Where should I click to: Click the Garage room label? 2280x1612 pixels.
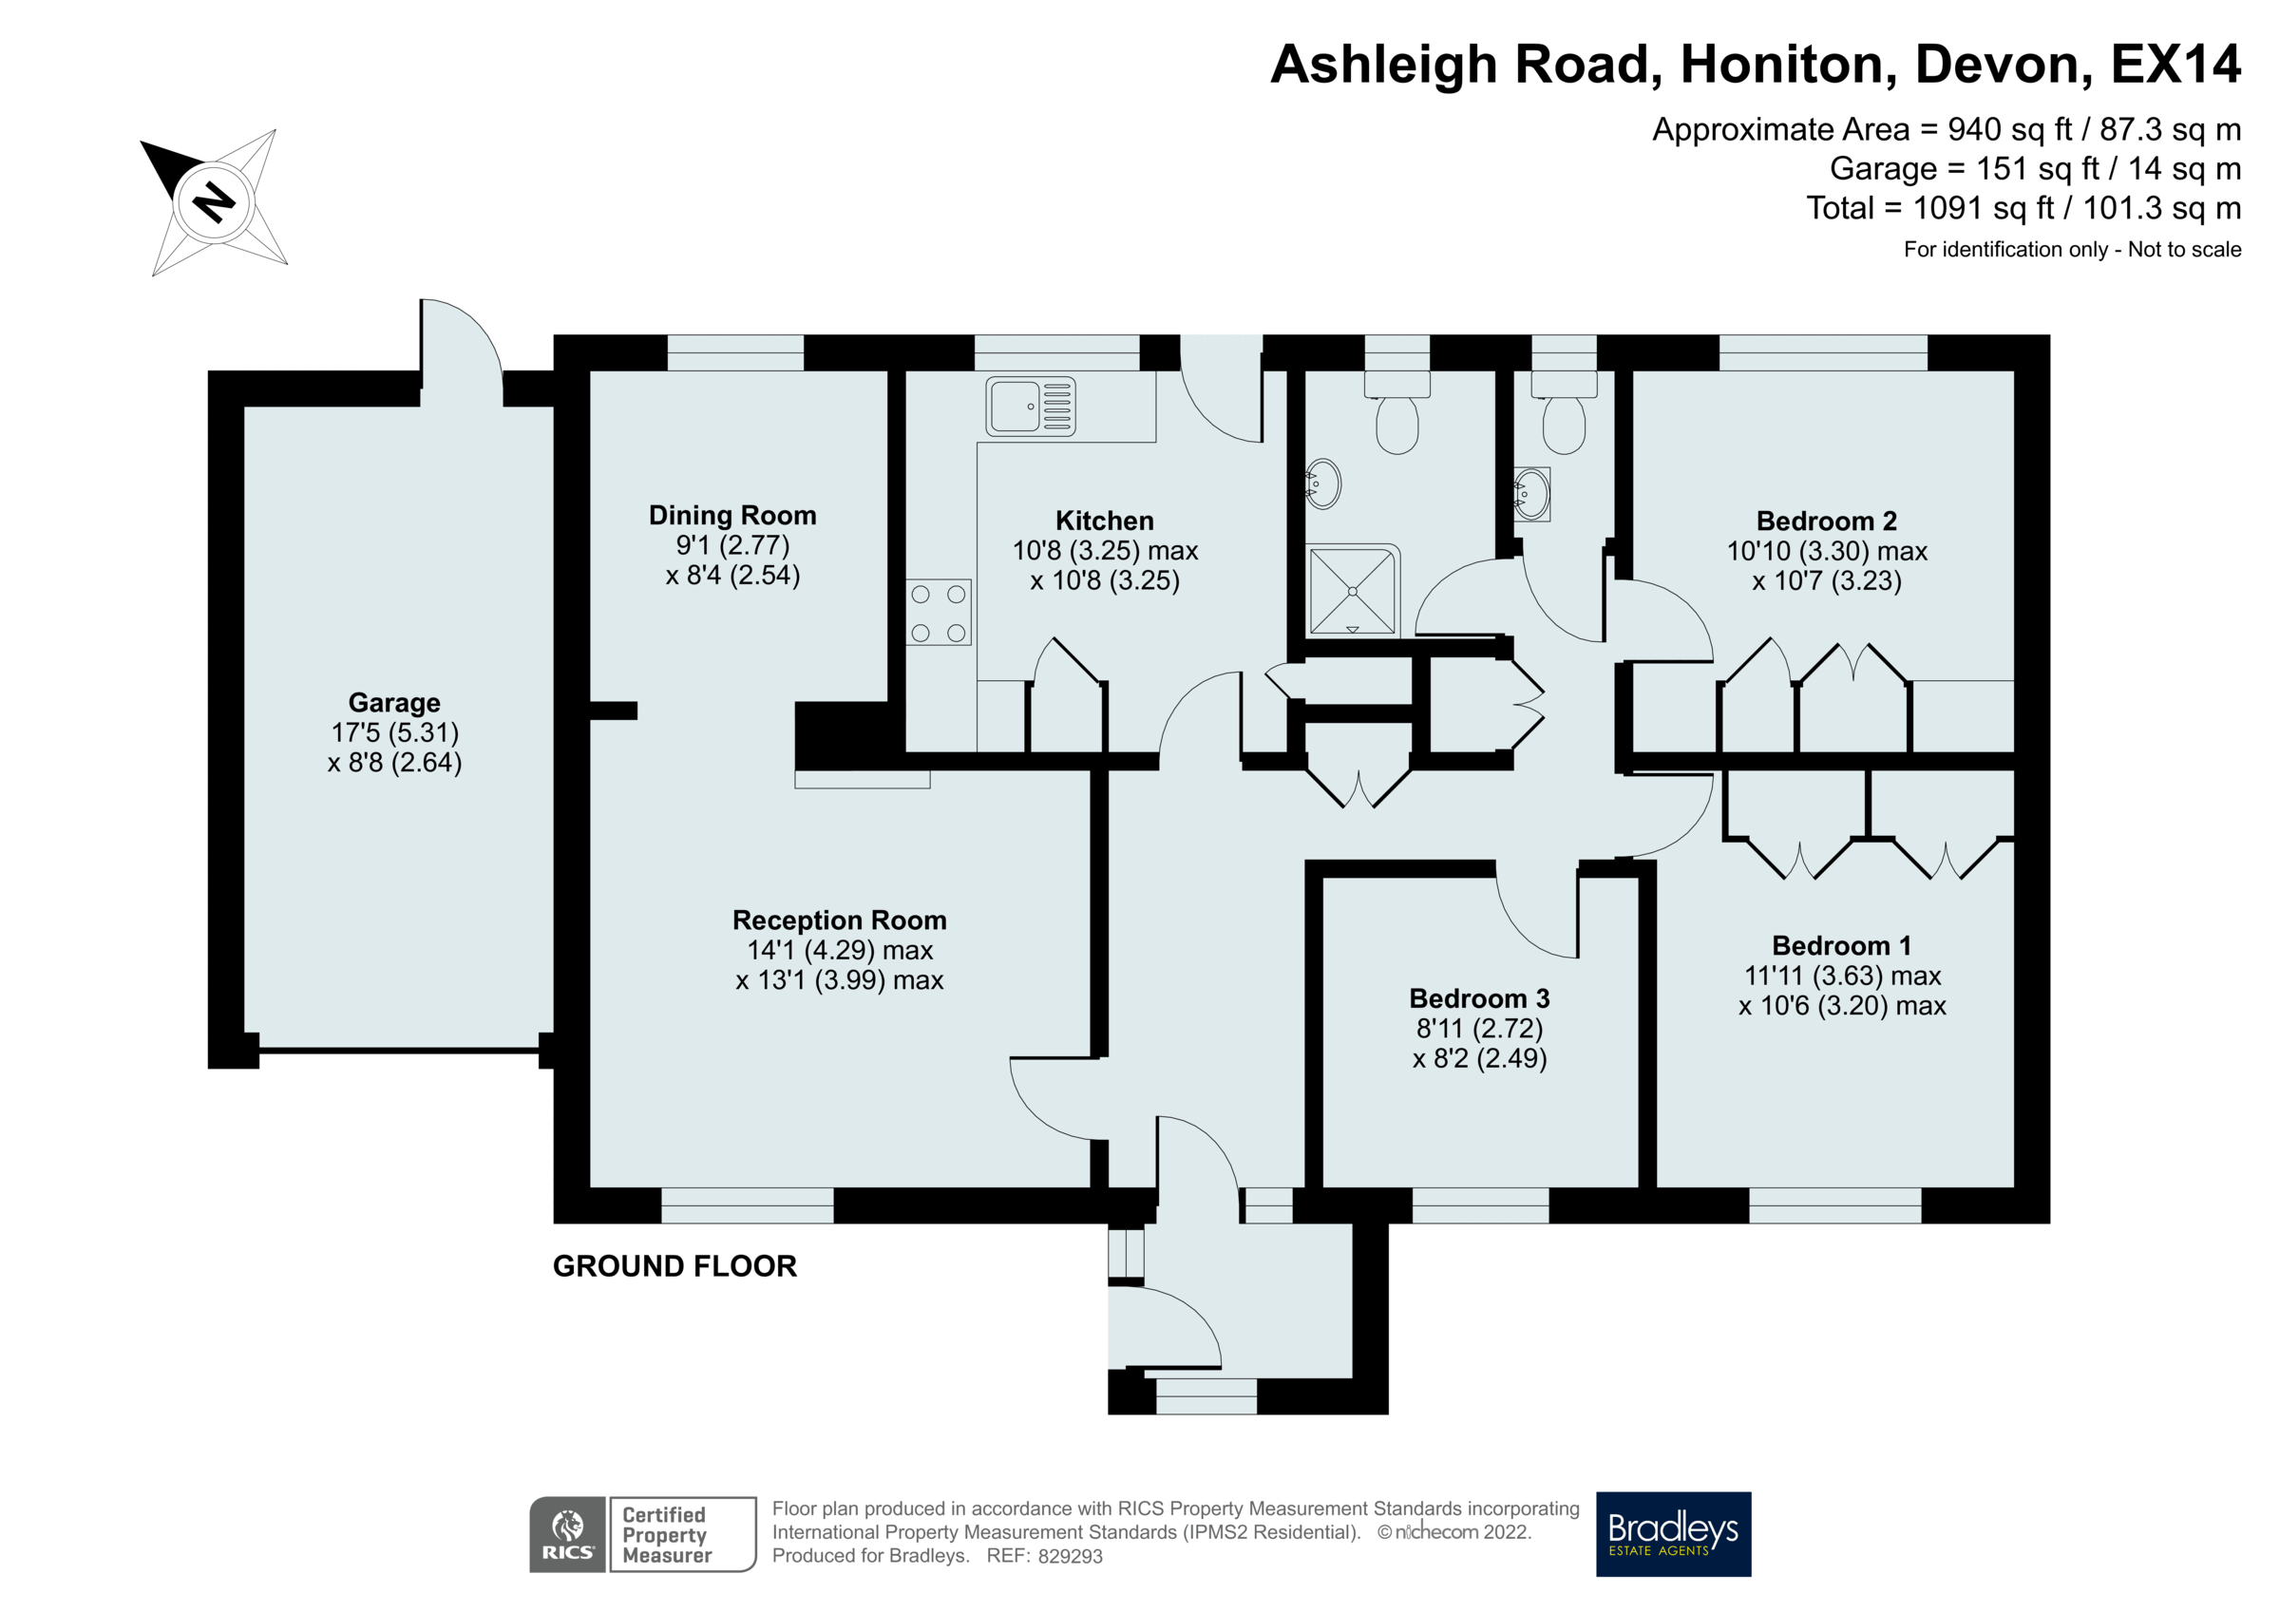(394, 702)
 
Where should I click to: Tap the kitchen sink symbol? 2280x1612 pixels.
(1030, 407)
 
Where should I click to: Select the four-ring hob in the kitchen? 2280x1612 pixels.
(938, 613)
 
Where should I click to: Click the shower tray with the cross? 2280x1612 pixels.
(1352, 591)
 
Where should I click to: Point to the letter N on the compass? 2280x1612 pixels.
(214, 201)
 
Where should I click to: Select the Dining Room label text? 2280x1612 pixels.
(731, 516)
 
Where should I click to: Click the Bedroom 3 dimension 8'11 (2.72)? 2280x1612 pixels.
(1478, 1028)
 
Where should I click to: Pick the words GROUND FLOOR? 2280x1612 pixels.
(674, 1266)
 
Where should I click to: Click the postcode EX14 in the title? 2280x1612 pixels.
(2174, 65)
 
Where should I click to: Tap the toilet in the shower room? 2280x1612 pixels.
(1396, 422)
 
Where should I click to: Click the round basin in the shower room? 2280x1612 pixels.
(1322, 484)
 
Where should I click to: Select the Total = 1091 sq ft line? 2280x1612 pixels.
(2023, 209)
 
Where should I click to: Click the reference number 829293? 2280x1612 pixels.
(1070, 1556)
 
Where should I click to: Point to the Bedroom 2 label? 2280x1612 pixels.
(1825, 521)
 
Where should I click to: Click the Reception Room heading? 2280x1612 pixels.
(839, 920)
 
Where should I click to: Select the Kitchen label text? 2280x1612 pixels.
(1104, 521)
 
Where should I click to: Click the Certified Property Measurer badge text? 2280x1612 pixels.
(665, 1533)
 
